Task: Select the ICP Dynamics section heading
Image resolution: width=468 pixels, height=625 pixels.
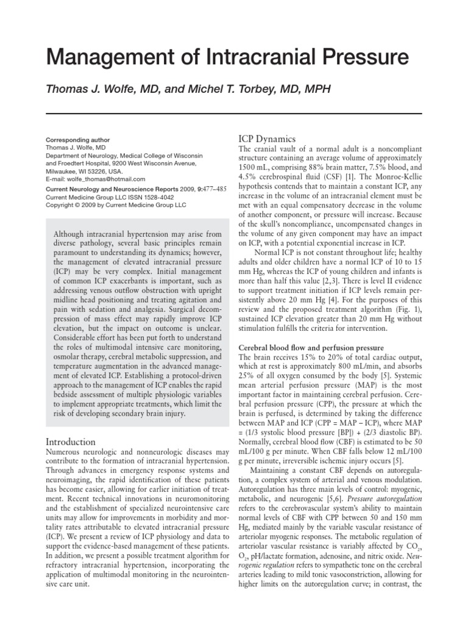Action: coord(267,139)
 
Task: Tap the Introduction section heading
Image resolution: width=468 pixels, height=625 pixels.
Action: coord(71,441)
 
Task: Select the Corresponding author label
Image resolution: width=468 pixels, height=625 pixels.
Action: coord(78,140)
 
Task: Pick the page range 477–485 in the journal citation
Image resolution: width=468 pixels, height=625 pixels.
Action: coord(210,189)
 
